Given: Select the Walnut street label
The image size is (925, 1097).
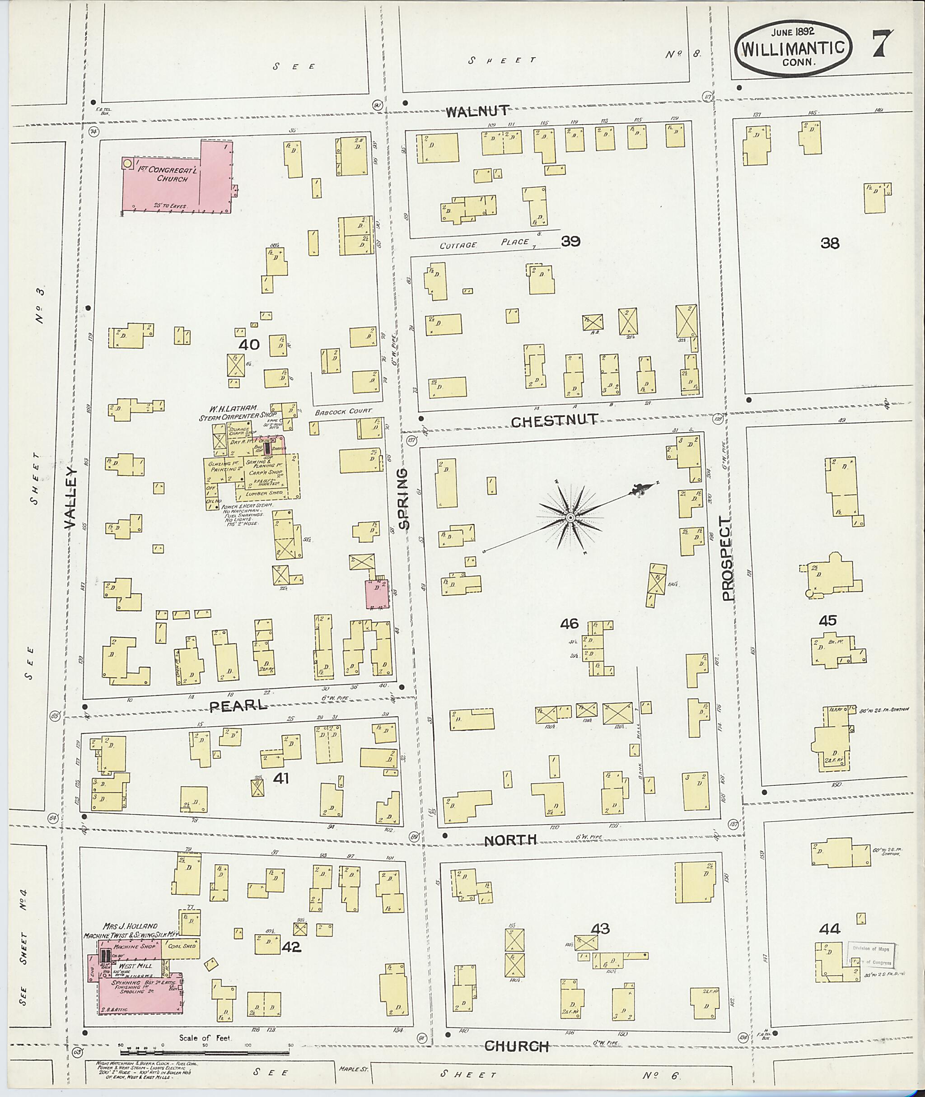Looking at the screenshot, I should pos(477,111).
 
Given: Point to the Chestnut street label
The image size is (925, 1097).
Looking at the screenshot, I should pos(554,420).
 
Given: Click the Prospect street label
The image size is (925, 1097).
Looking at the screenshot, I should pos(726,559).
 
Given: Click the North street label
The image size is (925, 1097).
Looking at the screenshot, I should pos(509,840).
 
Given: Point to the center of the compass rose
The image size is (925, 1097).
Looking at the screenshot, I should pos(570,518).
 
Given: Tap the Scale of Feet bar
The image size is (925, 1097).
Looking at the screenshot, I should pos(205,1052).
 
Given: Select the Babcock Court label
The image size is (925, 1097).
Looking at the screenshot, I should pos(343,411).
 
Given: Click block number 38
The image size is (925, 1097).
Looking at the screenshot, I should pos(830,243).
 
